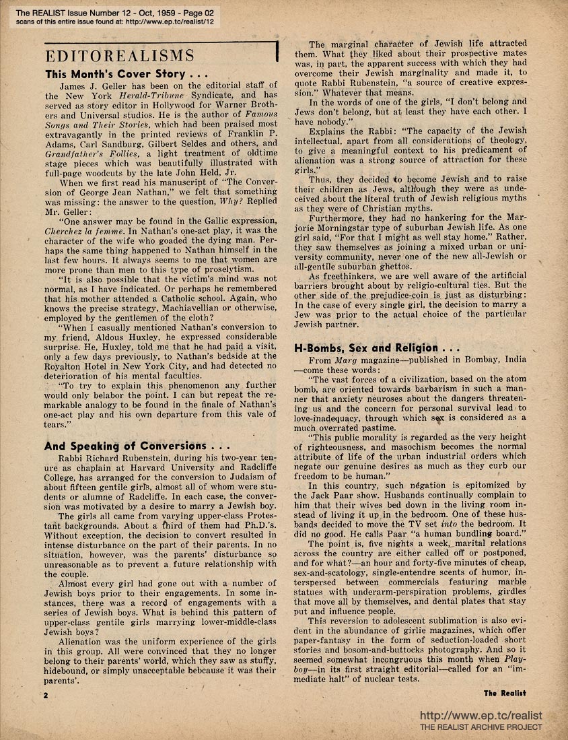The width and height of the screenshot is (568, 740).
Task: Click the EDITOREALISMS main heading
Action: tap(119, 55)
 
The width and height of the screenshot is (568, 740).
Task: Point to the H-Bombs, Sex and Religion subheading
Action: tap(377, 347)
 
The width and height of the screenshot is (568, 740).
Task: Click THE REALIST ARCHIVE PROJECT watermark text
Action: tap(480, 727)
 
